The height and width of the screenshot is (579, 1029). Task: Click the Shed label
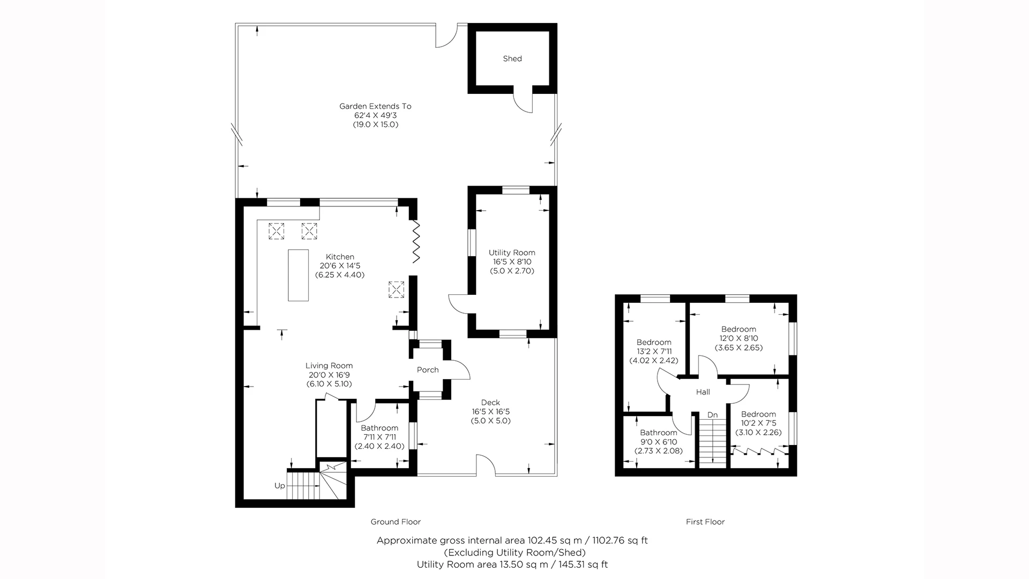click(x=512, y=58)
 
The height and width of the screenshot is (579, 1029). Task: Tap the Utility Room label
click(x=512, y=253)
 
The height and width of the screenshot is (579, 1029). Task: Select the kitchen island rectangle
click(x=299, y=275)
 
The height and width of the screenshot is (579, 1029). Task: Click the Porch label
click(x=428, y=370)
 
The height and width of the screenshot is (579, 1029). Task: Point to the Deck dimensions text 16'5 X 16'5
click(x=490, y=412)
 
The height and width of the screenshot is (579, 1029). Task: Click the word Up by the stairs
click(x=280, y=486)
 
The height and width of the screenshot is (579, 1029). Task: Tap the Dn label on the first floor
click(x=712, y=415)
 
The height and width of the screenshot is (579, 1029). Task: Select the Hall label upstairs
click(x=703, y=392)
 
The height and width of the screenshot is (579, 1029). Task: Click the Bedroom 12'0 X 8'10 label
click(x=739, y=329)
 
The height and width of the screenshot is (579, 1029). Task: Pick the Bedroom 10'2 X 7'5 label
click(x=758, y=414)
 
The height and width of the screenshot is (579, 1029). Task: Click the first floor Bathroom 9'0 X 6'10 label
click(x=659, y=433)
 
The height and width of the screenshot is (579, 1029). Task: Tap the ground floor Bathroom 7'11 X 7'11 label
click(x=379, y=428)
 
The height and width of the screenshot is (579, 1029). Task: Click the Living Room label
click(x=329, y=366)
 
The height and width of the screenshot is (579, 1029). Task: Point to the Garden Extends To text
click(x=375, y=106)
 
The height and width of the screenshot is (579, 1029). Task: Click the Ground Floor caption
click(x=396, y=522)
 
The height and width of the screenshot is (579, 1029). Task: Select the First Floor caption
click(x=705, y=522)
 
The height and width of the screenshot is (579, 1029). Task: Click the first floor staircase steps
click(x=712, y=442)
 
